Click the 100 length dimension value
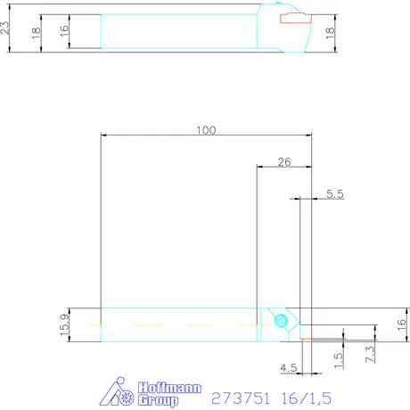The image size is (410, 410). click(x=206, y=130)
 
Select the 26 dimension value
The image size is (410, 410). click(x=283, y=161)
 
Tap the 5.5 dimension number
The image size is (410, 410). click(x=335, y=193)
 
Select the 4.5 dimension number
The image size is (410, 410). click(x=288, y=366)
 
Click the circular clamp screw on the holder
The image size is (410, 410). click(x=282, y=321)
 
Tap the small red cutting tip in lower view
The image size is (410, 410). click(x=306, y=339)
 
